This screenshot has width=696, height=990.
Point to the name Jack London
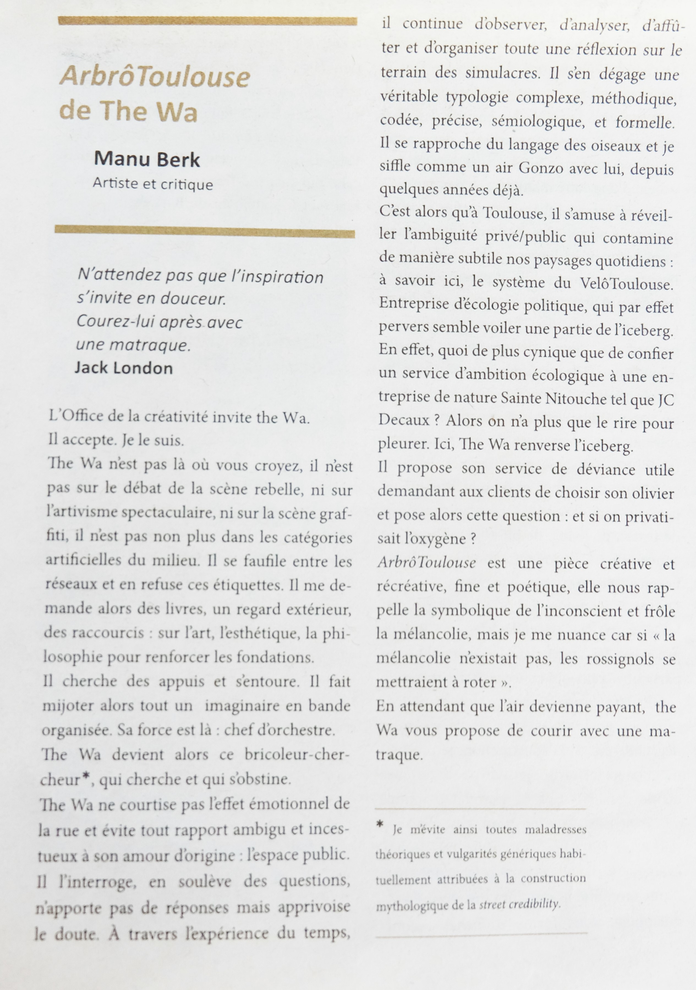[124, 368]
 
